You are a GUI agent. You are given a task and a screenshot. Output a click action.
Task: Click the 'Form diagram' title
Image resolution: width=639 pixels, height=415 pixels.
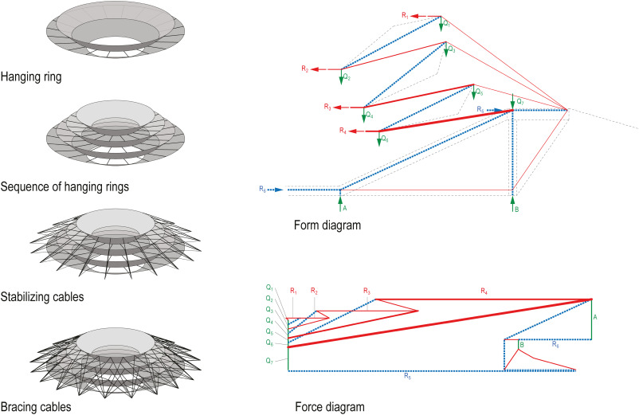(x=327, y=225)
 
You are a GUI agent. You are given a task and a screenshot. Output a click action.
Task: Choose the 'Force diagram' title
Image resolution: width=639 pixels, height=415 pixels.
(x=330, y=406)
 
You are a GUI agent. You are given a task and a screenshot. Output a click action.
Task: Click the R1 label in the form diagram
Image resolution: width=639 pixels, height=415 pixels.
(x=405, y=14)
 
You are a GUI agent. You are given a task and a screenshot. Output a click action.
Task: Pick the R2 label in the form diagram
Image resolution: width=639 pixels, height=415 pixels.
(x=304, y=70)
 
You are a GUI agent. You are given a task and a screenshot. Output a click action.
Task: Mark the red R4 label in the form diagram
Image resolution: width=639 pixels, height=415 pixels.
(x=343, y=130)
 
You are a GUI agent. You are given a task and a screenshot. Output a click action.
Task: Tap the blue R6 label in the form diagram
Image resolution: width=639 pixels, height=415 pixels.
(x=262, y=188)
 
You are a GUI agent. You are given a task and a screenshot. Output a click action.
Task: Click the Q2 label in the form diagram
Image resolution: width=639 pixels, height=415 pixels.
(x=347, y=77)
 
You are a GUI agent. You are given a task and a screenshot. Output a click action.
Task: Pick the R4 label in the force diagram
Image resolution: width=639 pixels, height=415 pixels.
(x=484, y=292)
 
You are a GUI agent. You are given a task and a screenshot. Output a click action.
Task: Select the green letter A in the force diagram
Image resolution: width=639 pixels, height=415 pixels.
(x=598, y=315)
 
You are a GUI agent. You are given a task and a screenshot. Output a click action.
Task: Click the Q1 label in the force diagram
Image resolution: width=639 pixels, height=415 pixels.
(x=270, y=288)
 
